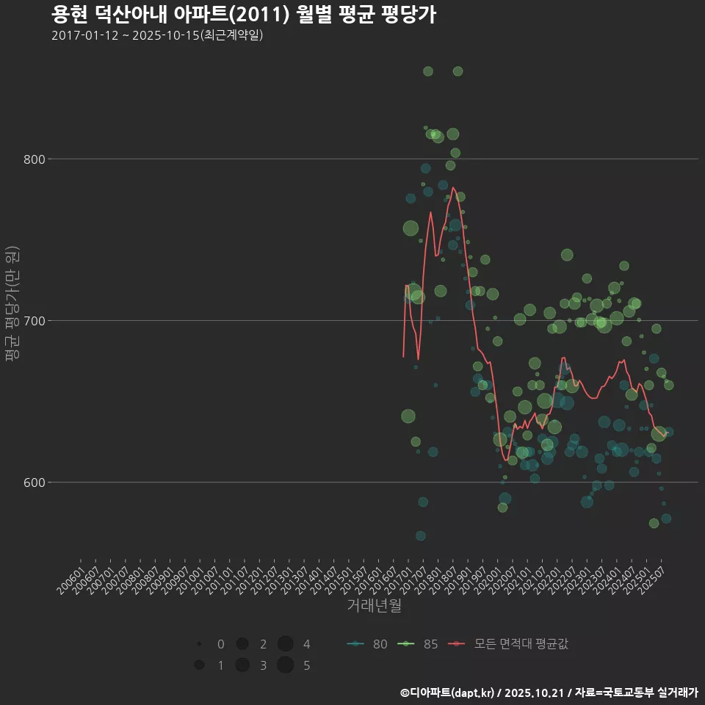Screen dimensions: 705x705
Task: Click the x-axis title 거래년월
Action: pyautogui.click(x=374, y=606)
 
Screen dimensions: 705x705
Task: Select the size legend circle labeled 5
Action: pyautogui.click(x=286, y=665)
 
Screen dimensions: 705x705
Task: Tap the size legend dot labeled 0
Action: pyautogui.click(x=199, y=644)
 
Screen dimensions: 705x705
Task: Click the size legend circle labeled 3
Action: pyautogui.click(x=242, y=665)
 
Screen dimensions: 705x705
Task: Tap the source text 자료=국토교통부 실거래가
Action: pyautogui.click(x=636, y=693)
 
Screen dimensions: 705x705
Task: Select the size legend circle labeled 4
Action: pyautogui.click(x=286, y=644)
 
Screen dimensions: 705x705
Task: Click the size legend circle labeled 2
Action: pyautogui.click(x=242, y=644)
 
